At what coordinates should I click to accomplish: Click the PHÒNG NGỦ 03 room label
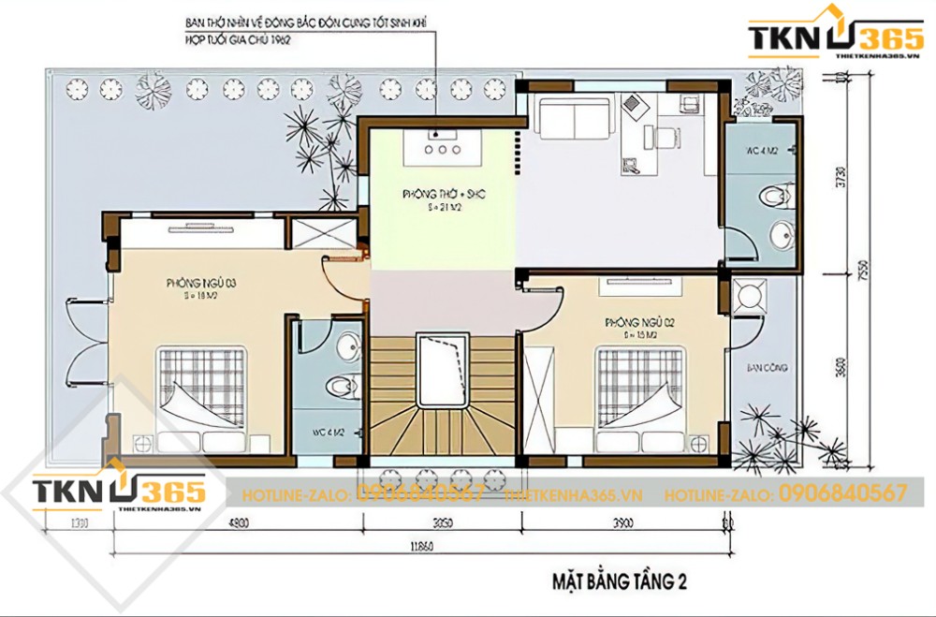click(x=194, y=282)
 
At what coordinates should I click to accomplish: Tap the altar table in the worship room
click(x=441, y=147)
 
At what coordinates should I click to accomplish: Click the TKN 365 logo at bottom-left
click(x=117, y=492)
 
